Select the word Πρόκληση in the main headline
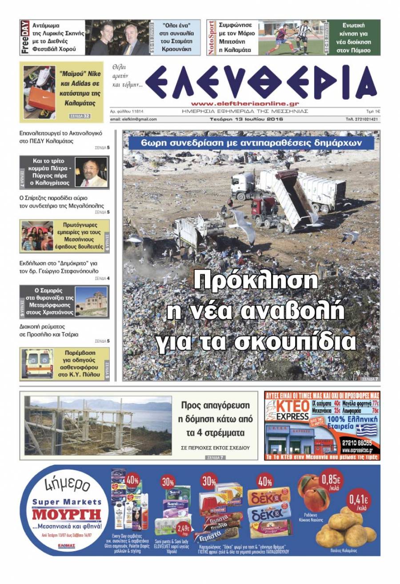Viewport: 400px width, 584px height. tap(256, 281)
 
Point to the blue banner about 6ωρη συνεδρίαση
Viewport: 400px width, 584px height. tap(251, 143)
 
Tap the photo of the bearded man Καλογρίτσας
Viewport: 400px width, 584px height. tap(91, 172)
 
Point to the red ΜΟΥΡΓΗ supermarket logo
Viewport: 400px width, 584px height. tap(67, 516)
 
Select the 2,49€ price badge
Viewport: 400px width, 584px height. tap(183, 529)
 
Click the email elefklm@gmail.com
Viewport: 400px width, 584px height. tap(133, 119)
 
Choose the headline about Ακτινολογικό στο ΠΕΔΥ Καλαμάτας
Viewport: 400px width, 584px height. tap(61, 137)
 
